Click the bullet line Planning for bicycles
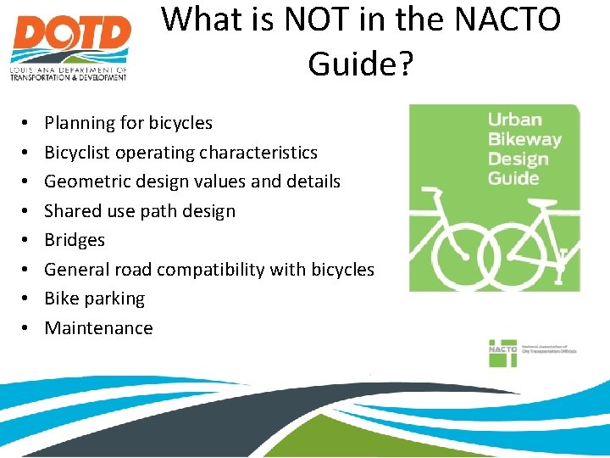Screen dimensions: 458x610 (128, 123)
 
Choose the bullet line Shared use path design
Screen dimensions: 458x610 (140, 211)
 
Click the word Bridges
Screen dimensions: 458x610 (75, 240)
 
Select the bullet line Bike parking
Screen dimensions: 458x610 (94, 299)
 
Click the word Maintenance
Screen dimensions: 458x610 (98, 328)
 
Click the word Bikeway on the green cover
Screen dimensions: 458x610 (524, 139)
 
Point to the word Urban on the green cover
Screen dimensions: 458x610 (514, 120)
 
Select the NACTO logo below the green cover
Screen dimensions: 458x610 (503, 352)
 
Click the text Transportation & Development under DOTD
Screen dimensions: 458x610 (68, 76)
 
